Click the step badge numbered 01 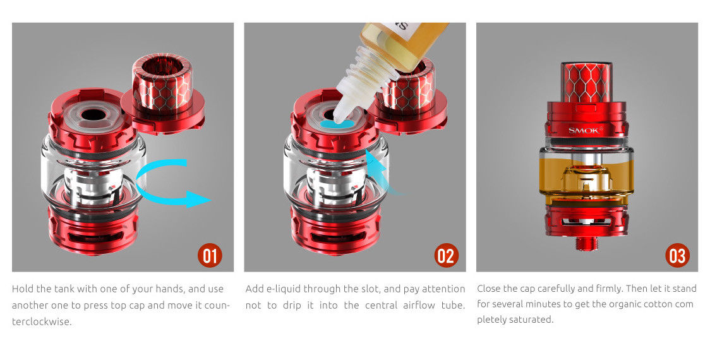pos(210,255)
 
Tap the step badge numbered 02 pos(446,255)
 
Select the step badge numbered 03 pos(677,255)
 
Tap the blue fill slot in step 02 pos(337,124)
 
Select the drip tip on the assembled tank pos(586,82)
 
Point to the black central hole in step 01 pos(93,114)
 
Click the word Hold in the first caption pos(22,289)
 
